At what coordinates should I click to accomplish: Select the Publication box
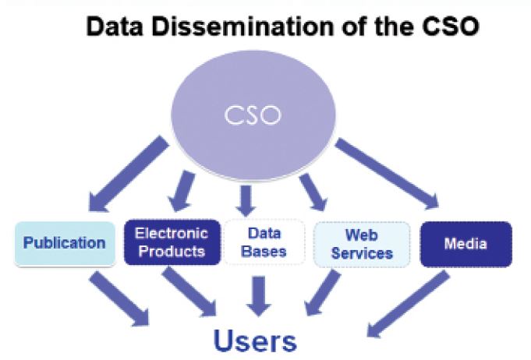point(64,243)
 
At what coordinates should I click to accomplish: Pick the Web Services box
point(362,243)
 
